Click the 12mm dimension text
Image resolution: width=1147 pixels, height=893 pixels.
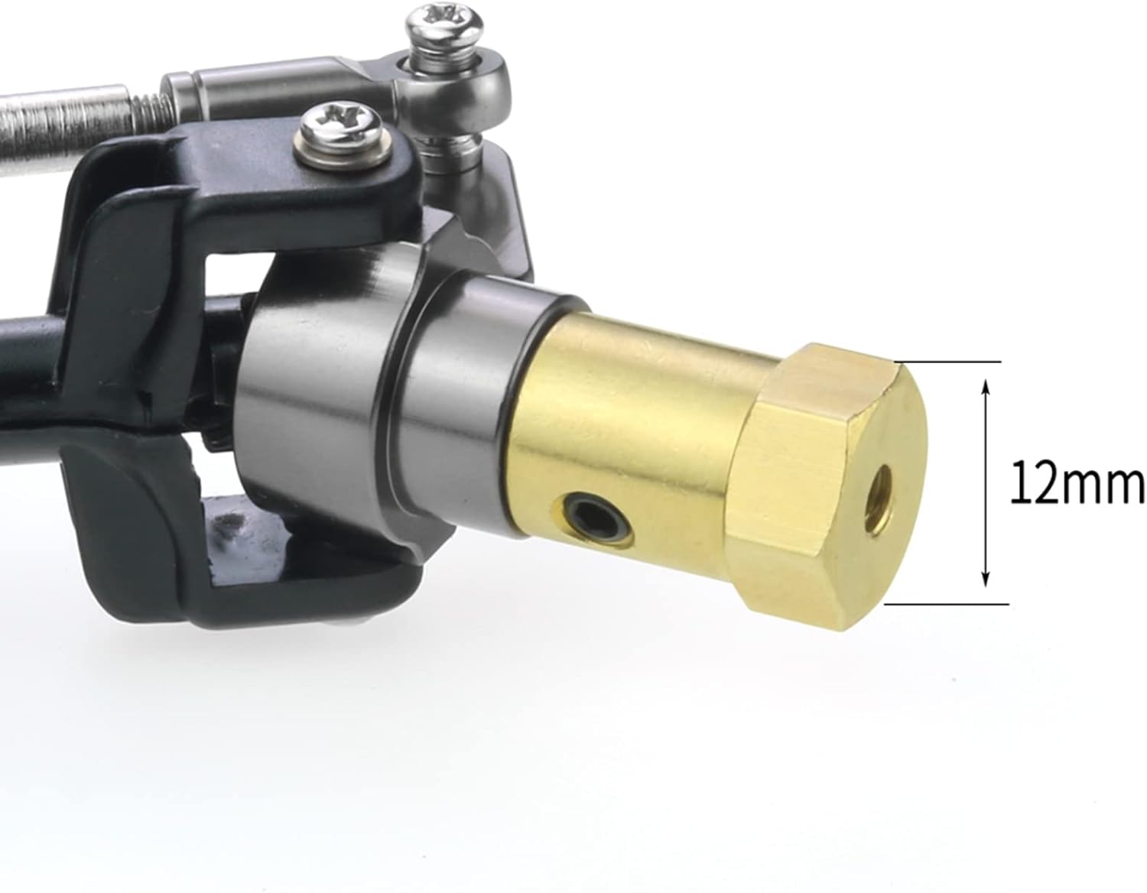click(x=1077, y=482)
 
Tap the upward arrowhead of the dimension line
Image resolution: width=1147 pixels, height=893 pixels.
click(x=986, y=388)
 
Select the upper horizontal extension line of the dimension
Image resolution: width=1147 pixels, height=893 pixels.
click(x=948, y=362)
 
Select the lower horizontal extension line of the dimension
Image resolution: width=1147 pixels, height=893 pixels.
click(x=947, y=604)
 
